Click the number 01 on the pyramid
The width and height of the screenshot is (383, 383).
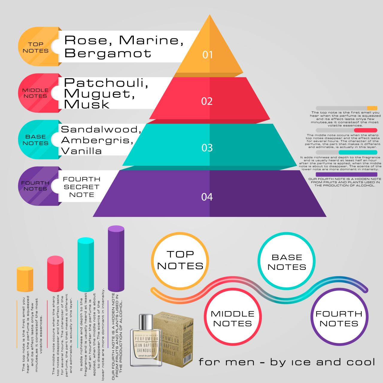(x=207, y=55)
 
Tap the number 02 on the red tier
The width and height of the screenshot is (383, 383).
(x=207, y=101)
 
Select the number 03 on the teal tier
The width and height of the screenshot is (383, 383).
(x=207, y=148)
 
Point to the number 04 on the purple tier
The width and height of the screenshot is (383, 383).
(x=207, y=197)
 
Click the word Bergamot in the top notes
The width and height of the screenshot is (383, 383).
(x=108, y=53)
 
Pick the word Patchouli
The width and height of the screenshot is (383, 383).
(x=106, y=83)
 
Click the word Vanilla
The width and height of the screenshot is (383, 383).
(x=81, y=151)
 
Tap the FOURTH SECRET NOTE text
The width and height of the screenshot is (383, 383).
(x=81, y=187)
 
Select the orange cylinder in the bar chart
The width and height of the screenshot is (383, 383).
(x=25, y=279)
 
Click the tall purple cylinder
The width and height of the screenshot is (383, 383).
(x=116, y=259)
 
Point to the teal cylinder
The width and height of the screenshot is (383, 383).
(x=86, y=265)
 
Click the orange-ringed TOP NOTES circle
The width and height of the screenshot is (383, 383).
(x=180, y=261)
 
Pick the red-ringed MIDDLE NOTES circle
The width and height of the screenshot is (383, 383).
(x=232, y=319)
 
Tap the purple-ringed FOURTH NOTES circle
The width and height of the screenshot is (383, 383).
(x=339, y=319)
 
